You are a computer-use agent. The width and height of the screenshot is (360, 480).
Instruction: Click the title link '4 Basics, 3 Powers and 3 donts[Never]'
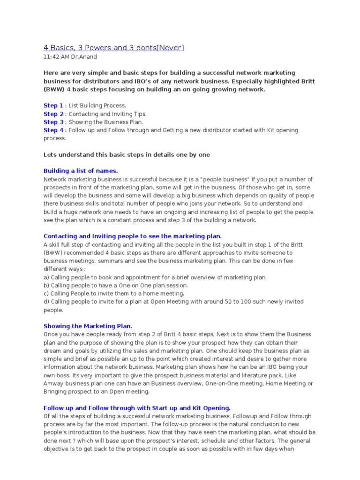[x=114, y=48]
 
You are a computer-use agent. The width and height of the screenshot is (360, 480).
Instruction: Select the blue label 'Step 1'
[x=53, y=105]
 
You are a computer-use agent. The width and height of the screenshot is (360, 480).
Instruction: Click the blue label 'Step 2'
[x=53, y=114]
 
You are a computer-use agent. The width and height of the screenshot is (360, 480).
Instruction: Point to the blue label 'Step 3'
[x=53, y=122]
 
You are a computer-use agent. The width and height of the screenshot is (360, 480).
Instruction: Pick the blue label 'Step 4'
[x=53, y=130]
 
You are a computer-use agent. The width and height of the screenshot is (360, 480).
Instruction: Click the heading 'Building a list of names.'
[x=81, y=171]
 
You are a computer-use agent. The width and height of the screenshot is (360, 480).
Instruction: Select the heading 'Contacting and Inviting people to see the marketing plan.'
[x=133, y=236]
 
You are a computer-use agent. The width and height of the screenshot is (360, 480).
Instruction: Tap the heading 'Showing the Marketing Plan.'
[x=88, y=326]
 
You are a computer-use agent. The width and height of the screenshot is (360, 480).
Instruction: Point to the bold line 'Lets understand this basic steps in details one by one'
[x=127, y=155]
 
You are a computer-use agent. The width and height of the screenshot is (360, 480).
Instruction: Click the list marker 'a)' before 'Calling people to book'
[x=46, y=277]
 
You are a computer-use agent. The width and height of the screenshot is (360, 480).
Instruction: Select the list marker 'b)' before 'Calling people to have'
[x=46, y=285]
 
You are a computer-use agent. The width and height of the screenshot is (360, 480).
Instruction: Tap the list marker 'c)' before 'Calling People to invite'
[x=46, y=293]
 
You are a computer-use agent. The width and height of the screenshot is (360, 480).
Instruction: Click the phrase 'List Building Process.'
[x=97, y=105]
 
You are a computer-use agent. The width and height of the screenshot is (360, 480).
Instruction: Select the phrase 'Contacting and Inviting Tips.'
[x=107, y=114]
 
